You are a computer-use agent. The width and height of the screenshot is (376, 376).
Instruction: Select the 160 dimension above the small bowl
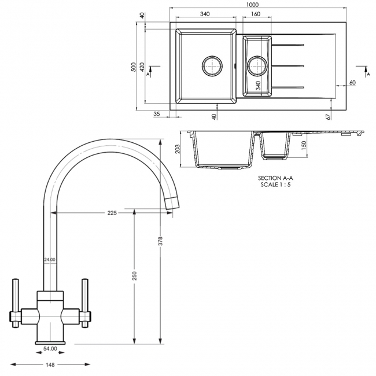(x=256, y=14)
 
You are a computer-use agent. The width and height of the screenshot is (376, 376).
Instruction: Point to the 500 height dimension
(x=133, y=67)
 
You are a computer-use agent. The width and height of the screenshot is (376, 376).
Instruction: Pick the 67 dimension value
(x=328, y=117)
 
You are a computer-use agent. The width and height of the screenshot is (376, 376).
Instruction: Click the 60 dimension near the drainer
(x=352, y=83)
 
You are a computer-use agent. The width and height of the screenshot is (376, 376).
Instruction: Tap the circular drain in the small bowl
(x=256, y=65)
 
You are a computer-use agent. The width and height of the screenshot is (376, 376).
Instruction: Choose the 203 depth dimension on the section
(x=177, y=148)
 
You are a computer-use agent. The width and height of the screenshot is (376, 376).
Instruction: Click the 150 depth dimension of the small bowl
(x=303, y=145)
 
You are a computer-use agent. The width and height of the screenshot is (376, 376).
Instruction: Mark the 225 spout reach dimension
(x=112, y=213)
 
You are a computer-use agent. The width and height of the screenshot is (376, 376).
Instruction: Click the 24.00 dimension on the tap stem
(x=50, y=260)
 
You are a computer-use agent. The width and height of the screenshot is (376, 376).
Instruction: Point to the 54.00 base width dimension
(x=50, y=349)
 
